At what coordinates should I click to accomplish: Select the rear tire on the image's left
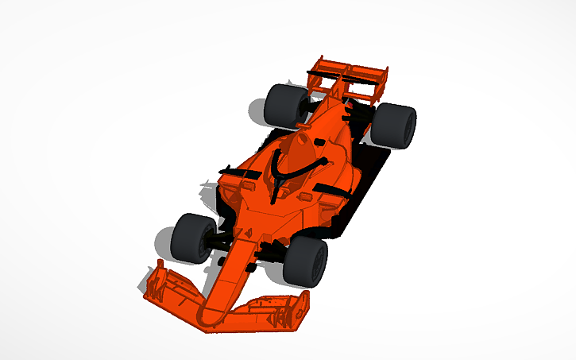point(284,104)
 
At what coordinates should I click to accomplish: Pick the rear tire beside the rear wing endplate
point(394,126)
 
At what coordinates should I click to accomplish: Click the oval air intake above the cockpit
point(299,148)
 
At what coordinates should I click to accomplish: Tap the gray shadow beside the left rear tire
point(257,111)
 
